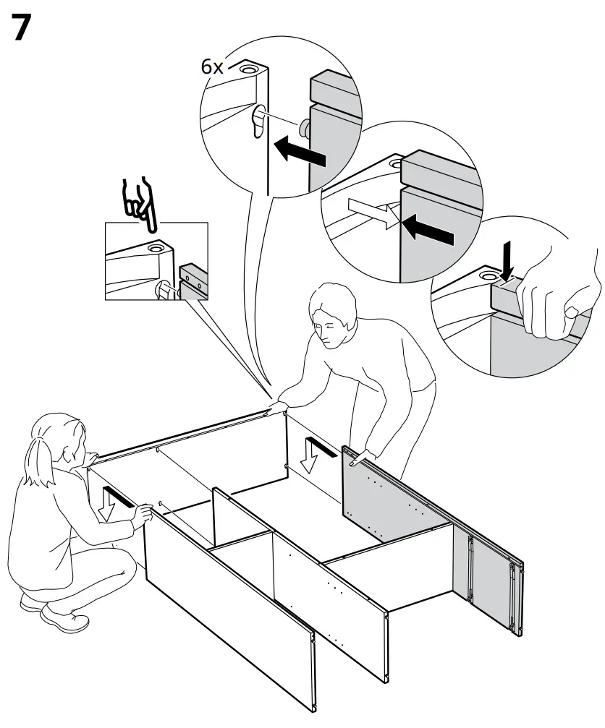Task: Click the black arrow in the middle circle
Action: pos(428,229)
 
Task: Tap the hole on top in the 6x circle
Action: pos(248,69)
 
